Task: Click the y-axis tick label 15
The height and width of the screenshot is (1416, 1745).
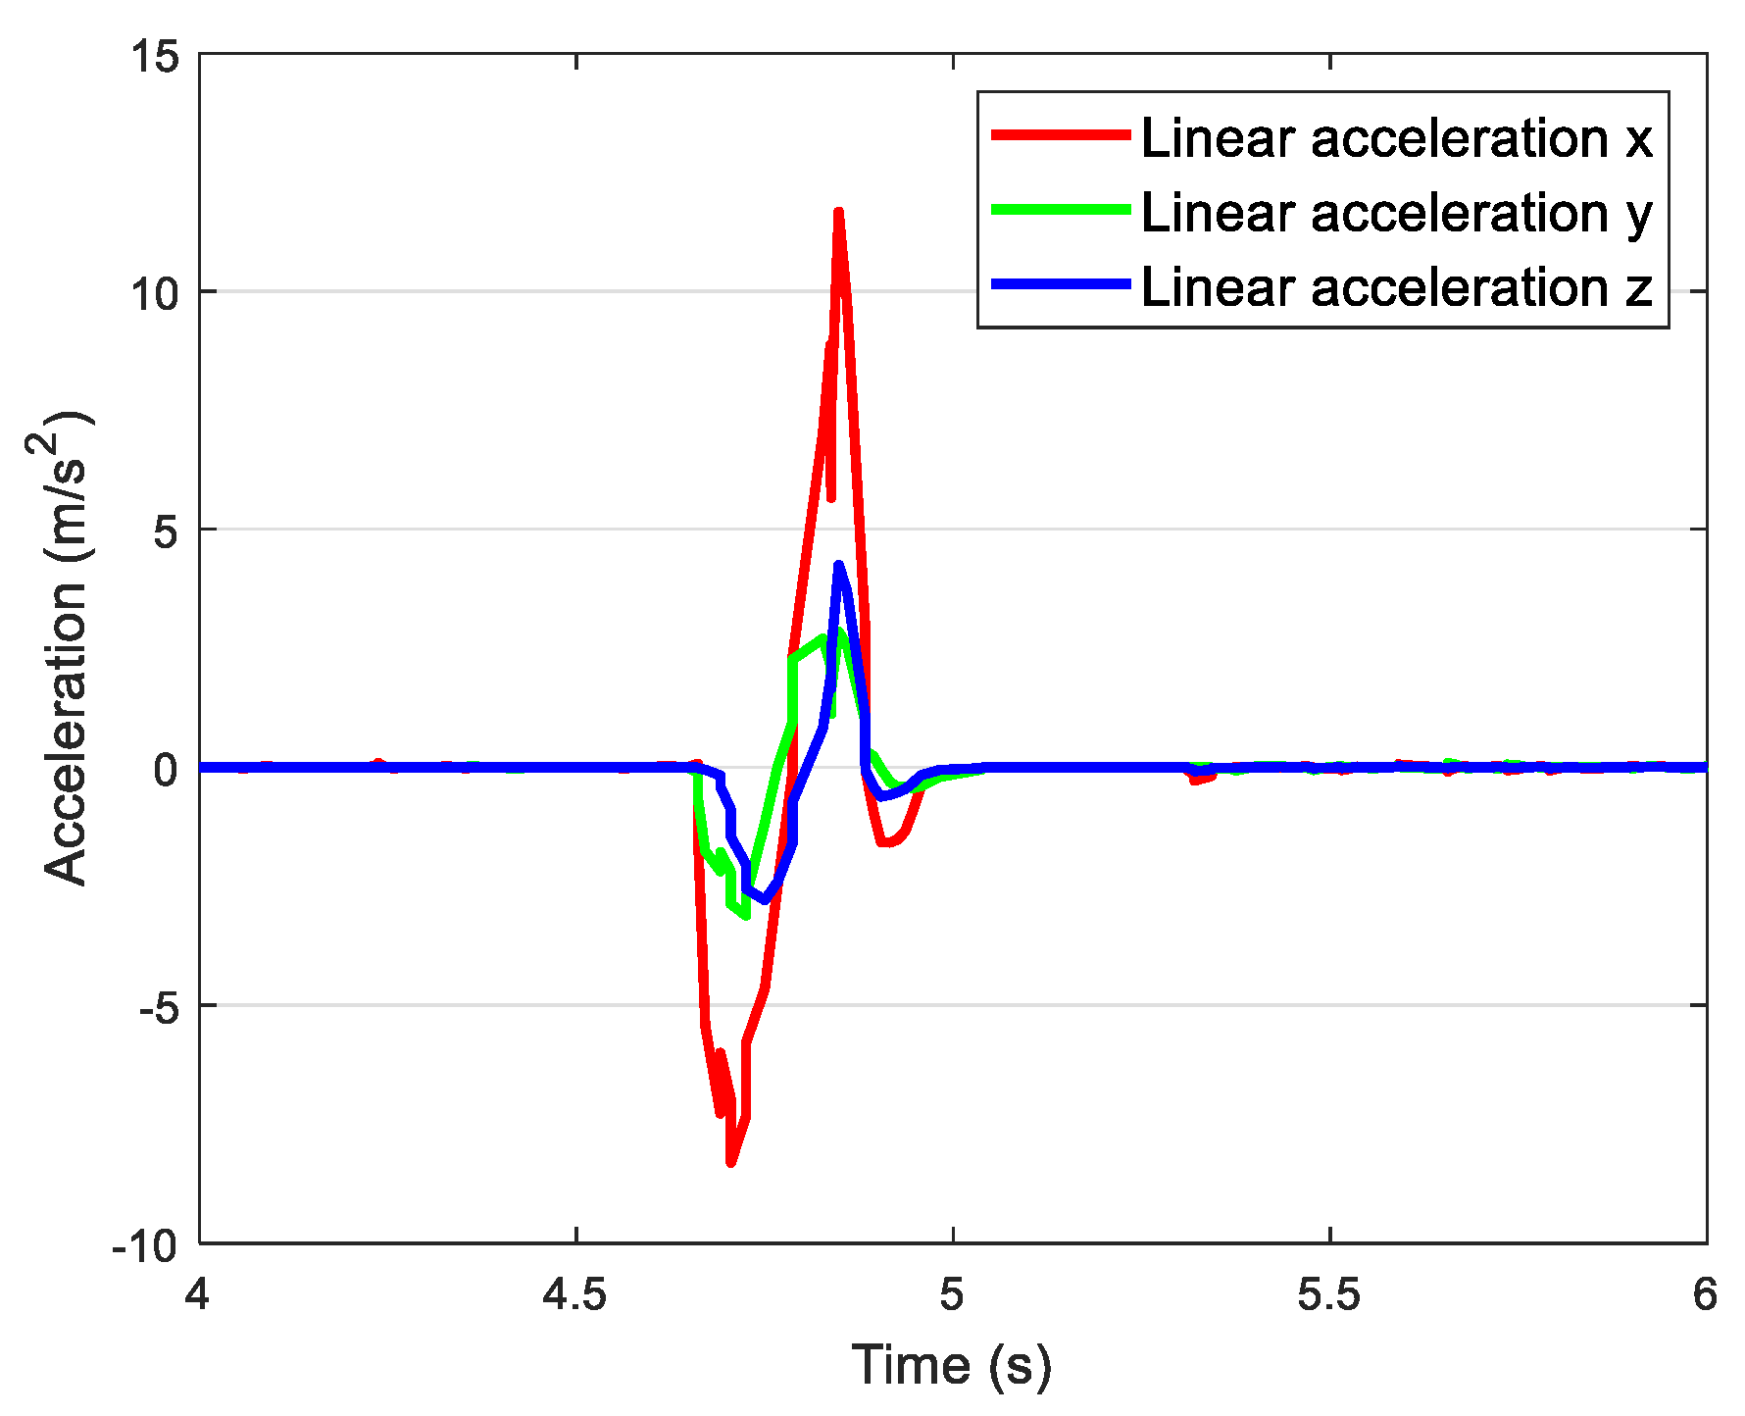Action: tap(157, 57)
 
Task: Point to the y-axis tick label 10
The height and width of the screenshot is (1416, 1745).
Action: tap(157, 293)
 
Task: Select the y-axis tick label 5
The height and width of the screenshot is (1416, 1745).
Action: tap(169, 531)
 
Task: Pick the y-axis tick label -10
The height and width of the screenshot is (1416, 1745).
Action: tap(146, 1246)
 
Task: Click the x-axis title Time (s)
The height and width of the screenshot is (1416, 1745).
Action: tap(952, 1366)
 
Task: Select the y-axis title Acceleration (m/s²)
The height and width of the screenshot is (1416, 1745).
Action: tap(61, 647)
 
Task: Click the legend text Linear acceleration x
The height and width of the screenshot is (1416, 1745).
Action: tap(1397, 138)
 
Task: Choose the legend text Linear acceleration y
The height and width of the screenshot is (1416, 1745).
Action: tap(1397, 213)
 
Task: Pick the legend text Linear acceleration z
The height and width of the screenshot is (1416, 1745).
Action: tap(1397, 287)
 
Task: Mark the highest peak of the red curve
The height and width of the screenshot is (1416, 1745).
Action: tap(839, 212)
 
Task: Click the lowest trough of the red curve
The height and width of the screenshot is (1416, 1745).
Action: tap(731, 1163)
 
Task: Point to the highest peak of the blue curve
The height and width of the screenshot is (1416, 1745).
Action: tap(839, 565)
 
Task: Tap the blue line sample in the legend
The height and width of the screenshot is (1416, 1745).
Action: tap(1062, 284)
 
